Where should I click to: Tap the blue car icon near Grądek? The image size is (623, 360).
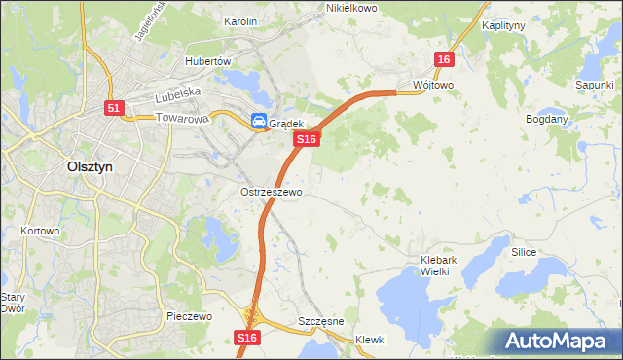[x=258, y=122]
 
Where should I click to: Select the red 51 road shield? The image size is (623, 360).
[x=114, y=109]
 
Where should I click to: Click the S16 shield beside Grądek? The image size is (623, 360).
[x=307, y=140]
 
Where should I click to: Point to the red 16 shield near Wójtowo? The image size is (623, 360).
[x=444, y=60]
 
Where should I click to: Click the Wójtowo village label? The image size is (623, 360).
[x=433, y=85]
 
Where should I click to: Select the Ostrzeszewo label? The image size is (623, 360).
[x=272, y=193]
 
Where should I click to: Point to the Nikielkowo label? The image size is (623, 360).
[x=350, y=7]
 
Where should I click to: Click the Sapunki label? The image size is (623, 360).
[x=593, y=85]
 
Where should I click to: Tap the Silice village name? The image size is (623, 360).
[x=524, y=251]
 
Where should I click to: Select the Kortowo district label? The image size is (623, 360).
[x=40, y=232]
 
